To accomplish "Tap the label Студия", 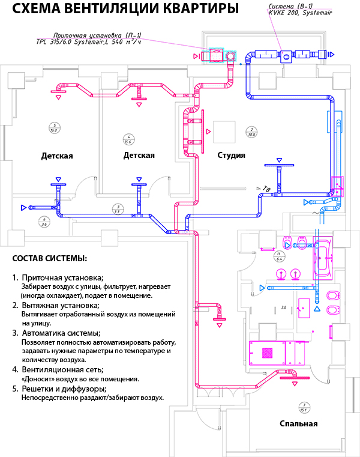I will pos(231,156).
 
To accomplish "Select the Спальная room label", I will pos(298,424).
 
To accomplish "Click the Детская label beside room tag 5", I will pos(57,156).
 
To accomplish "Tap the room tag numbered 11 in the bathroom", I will pos(278,256).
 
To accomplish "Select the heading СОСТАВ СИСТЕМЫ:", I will pos(49,259).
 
